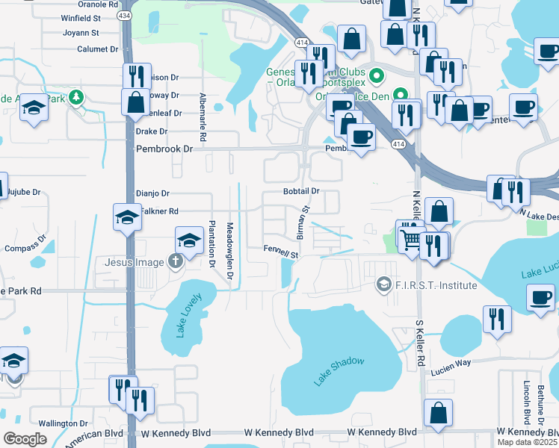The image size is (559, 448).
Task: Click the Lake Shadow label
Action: pyautogui.click(x=339, y=371)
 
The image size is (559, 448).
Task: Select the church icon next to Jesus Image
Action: pyautogui.click(x=175, y=261)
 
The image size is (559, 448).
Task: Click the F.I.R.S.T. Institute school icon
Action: pyautogui.click(x=383, y=284)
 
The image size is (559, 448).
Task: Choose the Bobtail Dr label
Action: pyautogui.click(x=301, y=191)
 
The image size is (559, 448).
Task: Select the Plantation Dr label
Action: pyautogui.click(x=212, y=244)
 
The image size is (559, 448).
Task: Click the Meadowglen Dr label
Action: pyautogui.click(x=230, y=248)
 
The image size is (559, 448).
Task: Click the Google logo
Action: pyautogui.click(x=25, y=438)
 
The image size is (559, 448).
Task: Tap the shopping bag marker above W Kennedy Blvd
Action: pyautogui.click(x=438, y=413)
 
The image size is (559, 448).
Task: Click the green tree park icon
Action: pyautogui.click(x=75, y=97)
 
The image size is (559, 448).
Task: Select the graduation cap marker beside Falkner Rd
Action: pyautogui.click(x=127, y=217)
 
